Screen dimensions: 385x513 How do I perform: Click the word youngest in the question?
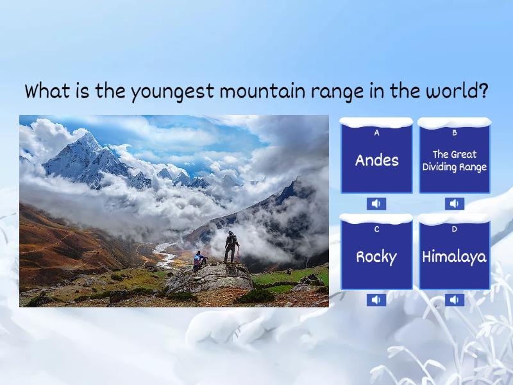tap(172, 92)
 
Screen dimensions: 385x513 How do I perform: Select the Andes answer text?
tap(376, 160)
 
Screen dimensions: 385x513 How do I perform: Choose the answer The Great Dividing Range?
tap(455, 160)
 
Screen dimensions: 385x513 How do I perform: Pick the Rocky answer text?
tap(376, 257)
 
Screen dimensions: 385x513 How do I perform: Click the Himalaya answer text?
tap(455, 257)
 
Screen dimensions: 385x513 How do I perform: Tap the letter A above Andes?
tap(376, 133)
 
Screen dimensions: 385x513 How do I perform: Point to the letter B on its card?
tap(455, 133)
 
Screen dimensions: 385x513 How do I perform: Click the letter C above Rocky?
tap(376, 229)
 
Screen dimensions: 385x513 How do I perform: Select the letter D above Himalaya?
tap(455, 229)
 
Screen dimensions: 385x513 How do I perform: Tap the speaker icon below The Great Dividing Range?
tap(455, 204)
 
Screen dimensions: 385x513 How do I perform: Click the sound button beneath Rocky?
tap(376, 300)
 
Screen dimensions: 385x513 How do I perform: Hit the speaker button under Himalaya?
tap(455, 300)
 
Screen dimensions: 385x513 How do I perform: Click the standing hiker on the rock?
tap(231, 248)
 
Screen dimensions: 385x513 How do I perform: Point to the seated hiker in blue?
tap(199, 259)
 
